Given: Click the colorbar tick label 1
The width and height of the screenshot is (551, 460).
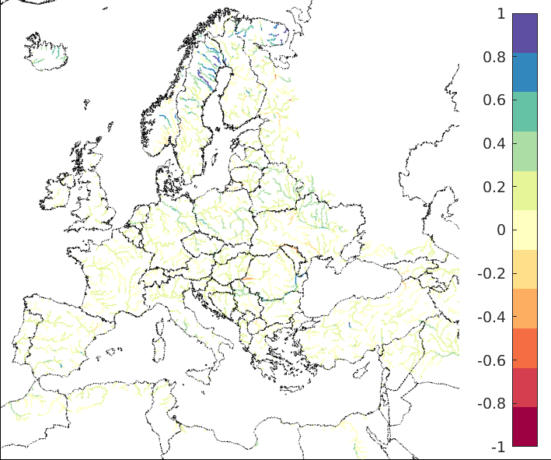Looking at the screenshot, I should [500, 14].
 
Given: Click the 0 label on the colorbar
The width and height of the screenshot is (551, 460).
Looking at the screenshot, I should [500, 230].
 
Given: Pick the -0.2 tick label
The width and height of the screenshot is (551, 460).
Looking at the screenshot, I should [494, 274].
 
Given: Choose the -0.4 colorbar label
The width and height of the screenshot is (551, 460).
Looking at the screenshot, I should [494, 318].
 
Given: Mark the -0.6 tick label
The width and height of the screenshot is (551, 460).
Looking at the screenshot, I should [494, 360].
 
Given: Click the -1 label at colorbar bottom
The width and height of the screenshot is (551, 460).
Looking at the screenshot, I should [498, 447].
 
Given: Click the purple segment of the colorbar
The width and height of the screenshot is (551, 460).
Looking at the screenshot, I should [525, 33].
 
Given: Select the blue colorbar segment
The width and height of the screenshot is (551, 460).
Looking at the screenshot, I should [525, 72].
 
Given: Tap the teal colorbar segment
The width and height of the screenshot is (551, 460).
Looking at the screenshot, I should [525, 111].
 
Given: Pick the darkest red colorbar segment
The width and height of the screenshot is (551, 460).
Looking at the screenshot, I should [525, 427].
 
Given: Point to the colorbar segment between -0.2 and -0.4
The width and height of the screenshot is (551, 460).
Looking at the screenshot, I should [525, 308].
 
